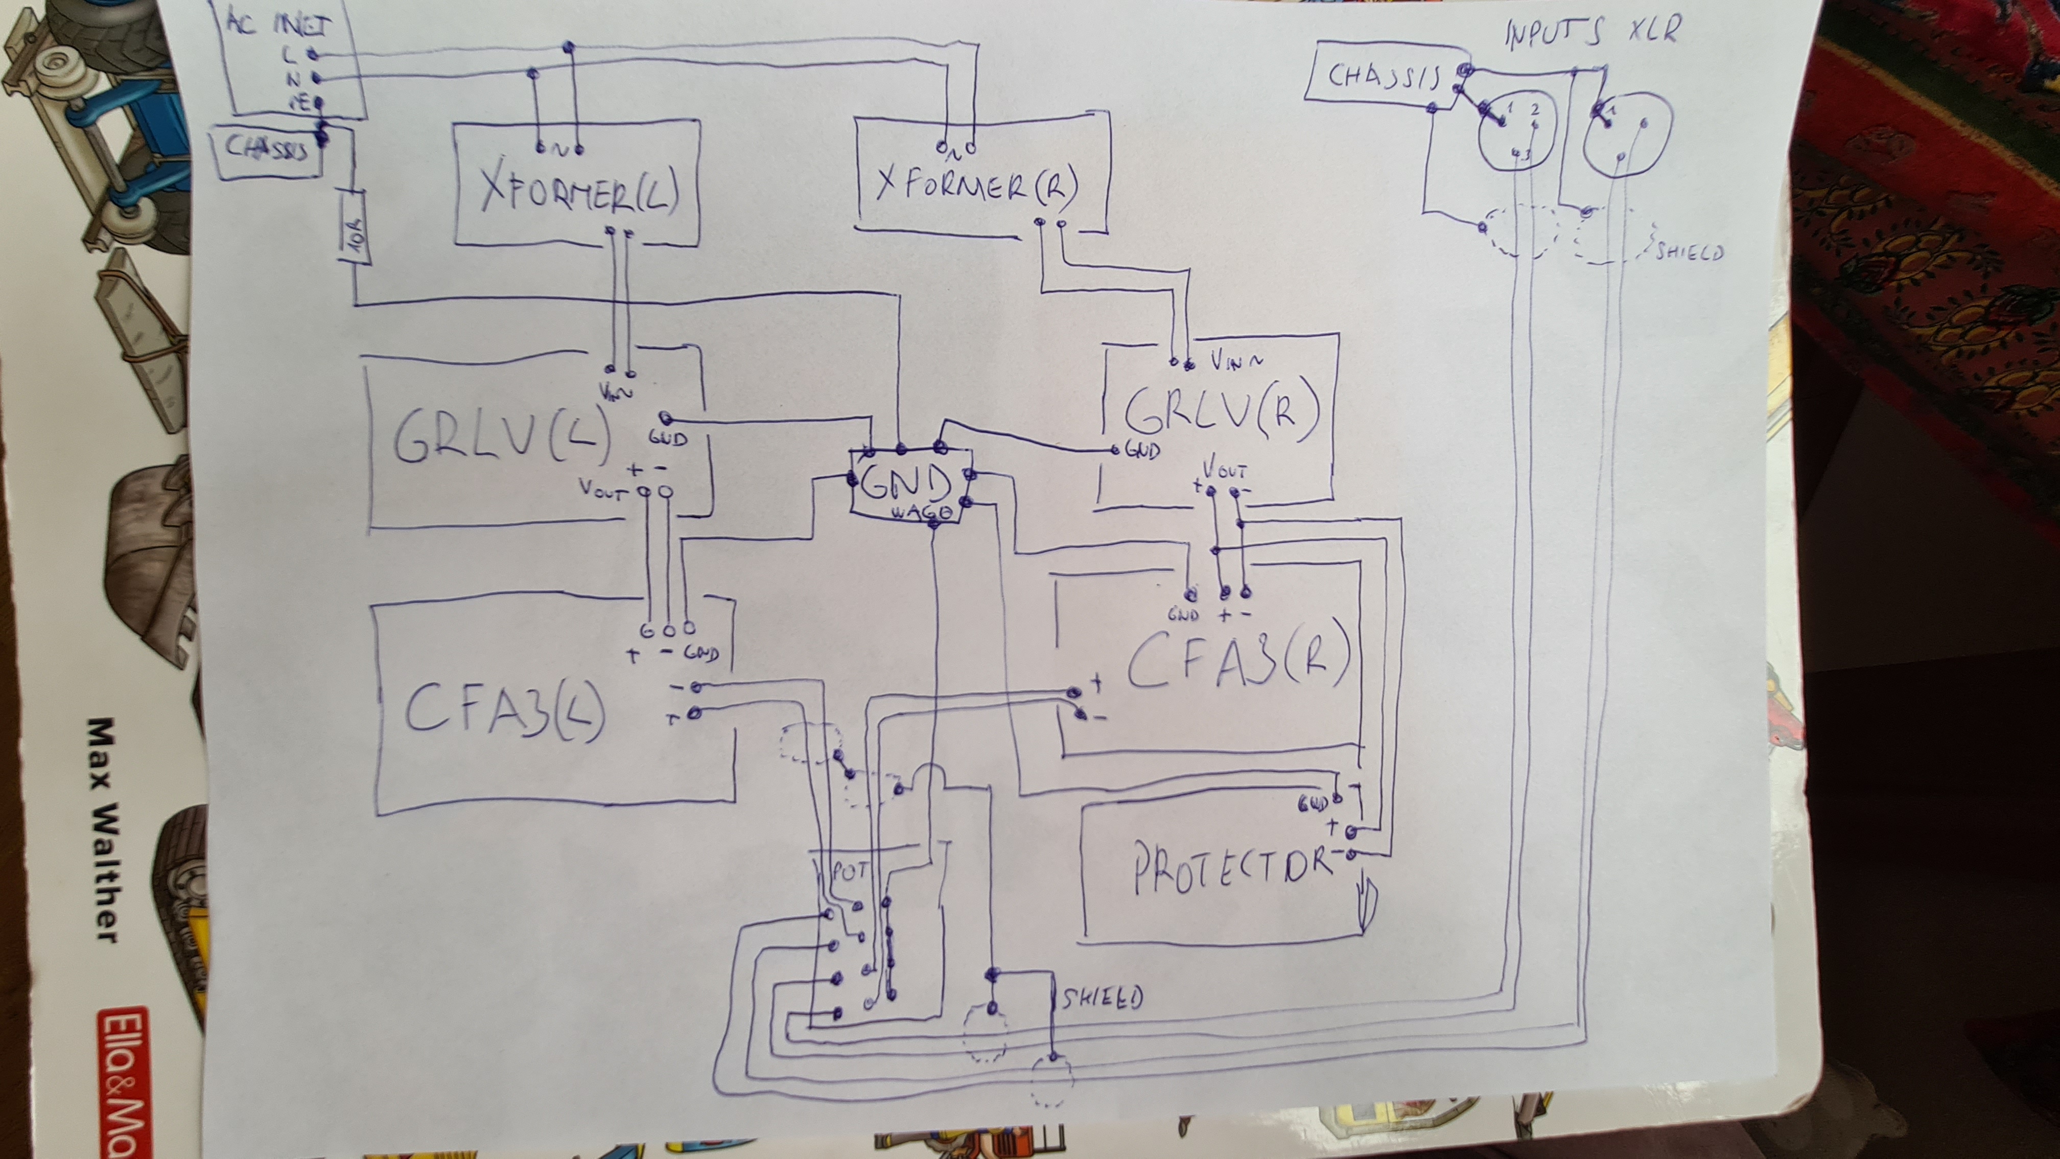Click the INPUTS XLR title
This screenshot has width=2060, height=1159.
pos(1592,32)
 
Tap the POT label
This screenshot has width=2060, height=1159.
pos(849,871)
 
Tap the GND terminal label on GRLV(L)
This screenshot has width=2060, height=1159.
pos(666,438)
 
